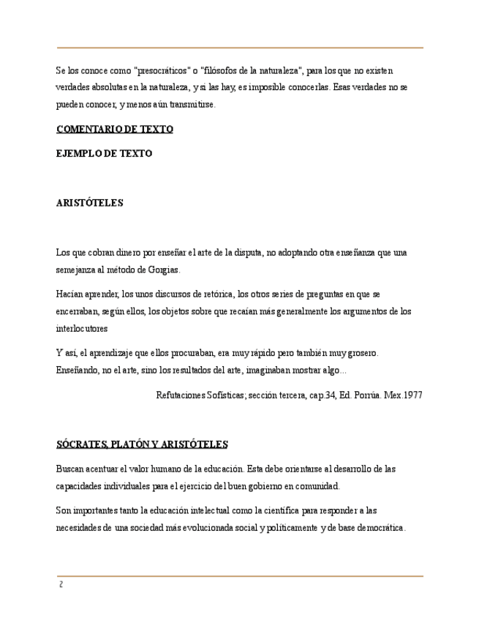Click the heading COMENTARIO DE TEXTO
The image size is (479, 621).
[114, 129]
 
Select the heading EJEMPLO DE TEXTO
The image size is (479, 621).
[104, 154]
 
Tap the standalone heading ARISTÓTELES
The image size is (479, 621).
[89, 203]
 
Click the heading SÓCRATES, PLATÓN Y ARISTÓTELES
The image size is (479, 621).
[142, 444]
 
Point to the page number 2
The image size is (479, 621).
[61, 584]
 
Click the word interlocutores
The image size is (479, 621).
[82, 328]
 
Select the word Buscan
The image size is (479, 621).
[70, 468]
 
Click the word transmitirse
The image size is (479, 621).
[190, 105]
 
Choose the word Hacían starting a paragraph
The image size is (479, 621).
[71, 294]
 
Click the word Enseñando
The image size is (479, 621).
[78, 370]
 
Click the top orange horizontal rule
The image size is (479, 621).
[240, 48]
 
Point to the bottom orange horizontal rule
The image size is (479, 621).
[240, 576]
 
